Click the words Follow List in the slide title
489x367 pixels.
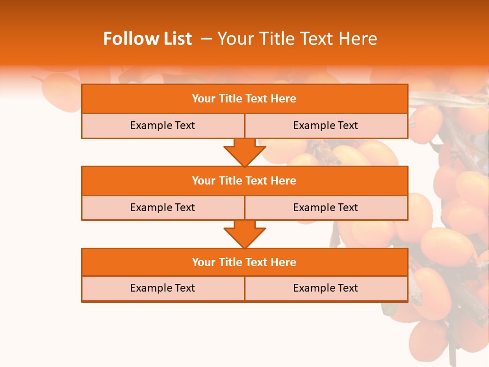[x=147, y=39]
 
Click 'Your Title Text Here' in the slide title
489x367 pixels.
[x=297, y=39]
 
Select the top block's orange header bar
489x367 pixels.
[x=244, y=99]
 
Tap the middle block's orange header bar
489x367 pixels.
[x=244, y=180]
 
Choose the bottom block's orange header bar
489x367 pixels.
[x=244, y=262]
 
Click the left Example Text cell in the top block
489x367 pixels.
[x=162, y=125]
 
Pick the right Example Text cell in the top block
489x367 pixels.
[x=325, y=125]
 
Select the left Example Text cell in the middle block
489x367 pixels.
[x=162, y=207]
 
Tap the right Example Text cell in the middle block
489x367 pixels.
[x=325, y=207]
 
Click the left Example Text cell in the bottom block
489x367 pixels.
[x=162, y=288]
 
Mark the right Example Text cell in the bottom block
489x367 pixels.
[x=325, y=288]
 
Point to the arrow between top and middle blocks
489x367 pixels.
[x=244, y=152]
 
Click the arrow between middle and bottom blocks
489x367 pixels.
[x=244, y=234]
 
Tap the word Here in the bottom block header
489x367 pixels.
[x=283, y=262]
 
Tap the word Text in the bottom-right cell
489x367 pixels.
[x=347, y=288]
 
